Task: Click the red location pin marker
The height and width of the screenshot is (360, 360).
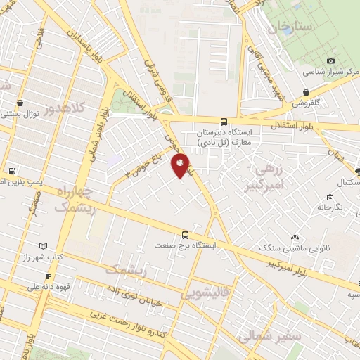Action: pos(181,165)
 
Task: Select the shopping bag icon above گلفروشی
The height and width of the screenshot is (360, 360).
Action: pos(306,92)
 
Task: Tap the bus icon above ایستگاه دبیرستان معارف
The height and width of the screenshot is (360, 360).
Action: pos(224,121)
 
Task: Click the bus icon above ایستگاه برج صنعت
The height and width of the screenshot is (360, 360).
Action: pos(186,235)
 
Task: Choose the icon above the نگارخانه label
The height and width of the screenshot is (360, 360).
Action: pos(330,198)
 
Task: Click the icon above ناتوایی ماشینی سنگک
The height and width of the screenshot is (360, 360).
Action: pos(295,238)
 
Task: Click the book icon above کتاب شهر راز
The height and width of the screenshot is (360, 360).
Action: pos(44,246)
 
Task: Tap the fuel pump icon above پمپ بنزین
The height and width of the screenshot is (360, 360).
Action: pos(12,171)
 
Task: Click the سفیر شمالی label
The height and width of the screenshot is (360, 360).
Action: pos(270,336)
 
